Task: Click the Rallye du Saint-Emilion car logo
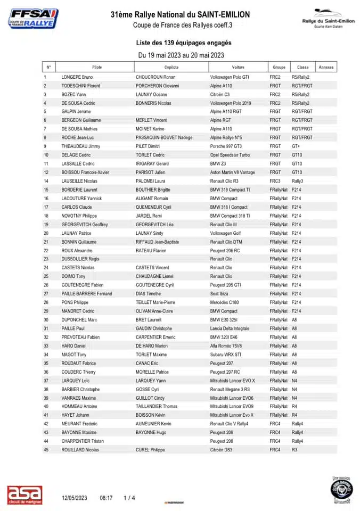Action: click(x=328, y=18)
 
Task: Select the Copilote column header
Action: click(x=171, y=68)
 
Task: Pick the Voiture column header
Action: click(x=238, y=68)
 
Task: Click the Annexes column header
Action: click(x=326, y=68)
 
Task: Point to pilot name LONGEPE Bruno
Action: click(x=77, y=77)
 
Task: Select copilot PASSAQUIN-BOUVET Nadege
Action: click(x=164, y=138)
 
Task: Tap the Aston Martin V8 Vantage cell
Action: click(x=233, y=172)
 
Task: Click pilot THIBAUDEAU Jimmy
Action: click(x=81, y=146)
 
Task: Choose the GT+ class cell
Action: click(x=296, y=146)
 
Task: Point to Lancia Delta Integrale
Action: click(x=230, y=328)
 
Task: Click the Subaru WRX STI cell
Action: click(x=226, y=355)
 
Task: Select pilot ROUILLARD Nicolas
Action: click(x=80, y=450)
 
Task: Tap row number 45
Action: click(x=46, y=450)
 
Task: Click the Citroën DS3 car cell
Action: click(x=221, y=450)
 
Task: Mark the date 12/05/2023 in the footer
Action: click(x=74, y=498)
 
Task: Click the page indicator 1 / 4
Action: click(x=129, y=498)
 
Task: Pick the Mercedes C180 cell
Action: click(x=224, y=302)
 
